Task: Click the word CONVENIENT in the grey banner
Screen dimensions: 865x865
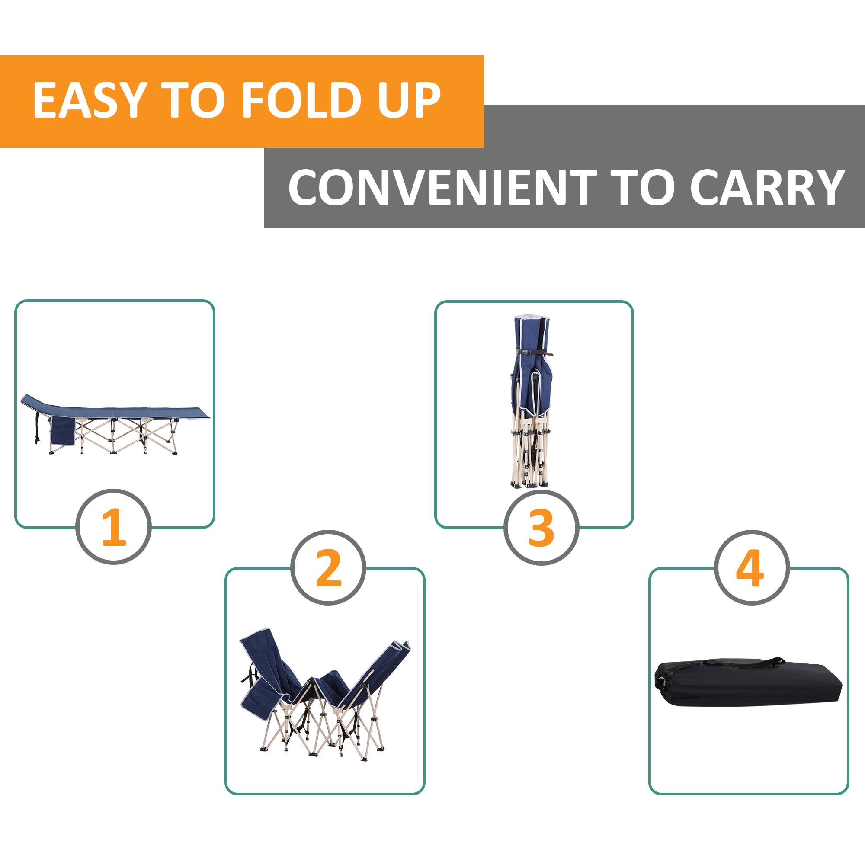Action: (441, 187)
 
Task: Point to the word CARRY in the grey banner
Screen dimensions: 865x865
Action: (766, 187)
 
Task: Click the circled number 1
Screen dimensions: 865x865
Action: (114, 526)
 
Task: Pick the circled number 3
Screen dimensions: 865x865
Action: (541, 527)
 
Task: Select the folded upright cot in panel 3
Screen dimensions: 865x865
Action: (533, 403)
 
